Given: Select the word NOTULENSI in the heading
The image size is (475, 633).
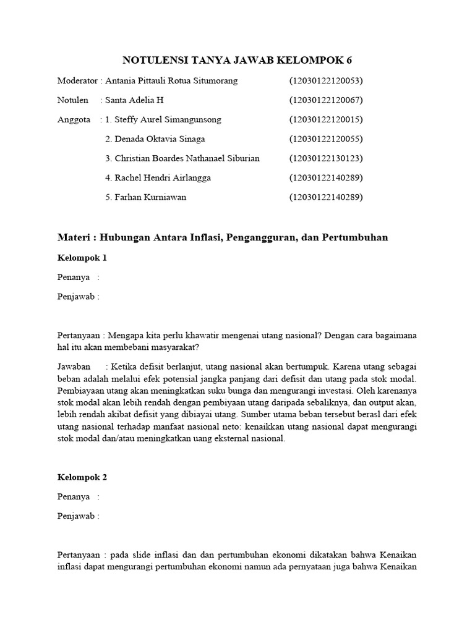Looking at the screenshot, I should pos(155,60).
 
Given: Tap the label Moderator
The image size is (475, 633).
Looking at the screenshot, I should pos(77,81).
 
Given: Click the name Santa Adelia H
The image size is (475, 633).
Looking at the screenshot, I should pos(134,100).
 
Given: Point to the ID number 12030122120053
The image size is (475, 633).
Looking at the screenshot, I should pos(326,81).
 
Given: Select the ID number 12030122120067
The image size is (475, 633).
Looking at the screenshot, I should pos(326,100).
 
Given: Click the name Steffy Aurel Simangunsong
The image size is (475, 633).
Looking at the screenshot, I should pos(168,119).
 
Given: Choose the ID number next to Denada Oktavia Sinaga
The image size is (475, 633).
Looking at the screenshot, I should pos(326,138).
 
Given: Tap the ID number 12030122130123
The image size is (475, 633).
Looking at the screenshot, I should pos(326,158).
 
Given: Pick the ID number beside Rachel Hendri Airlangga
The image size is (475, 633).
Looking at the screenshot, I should pos(326,178).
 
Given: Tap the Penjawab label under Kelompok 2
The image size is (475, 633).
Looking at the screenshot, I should pos(77,516).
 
